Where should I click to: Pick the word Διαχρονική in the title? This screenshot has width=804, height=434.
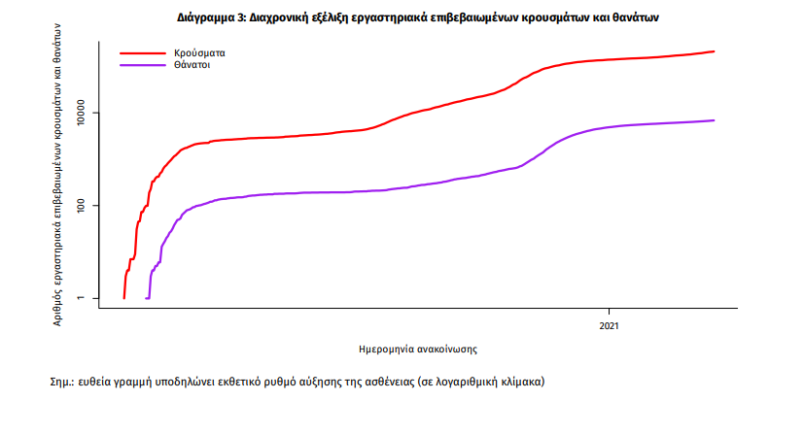click(x=297, y=18)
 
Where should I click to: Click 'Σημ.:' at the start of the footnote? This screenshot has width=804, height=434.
click(x=63, y=382)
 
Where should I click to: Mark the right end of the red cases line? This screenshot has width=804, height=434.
click(x=715, y=51)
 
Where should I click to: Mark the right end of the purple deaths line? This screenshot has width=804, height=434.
click(x=715, y=120)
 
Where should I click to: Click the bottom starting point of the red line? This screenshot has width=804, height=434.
click(x=123, y=298)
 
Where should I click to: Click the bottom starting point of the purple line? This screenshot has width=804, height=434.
click(x=147, y=298)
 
